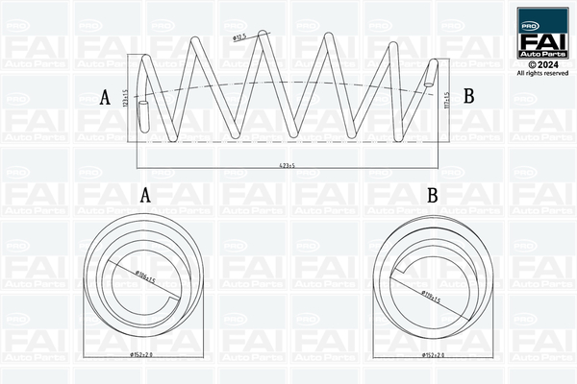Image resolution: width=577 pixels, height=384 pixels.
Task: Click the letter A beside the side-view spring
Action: coord(105,97)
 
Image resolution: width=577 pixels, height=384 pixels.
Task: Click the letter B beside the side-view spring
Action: coord(469,96)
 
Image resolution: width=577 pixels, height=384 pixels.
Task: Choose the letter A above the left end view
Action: coord(146,195)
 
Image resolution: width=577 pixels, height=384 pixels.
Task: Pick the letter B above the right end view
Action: coord(433,195)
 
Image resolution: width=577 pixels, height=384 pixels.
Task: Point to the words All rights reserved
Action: coord(541,72)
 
